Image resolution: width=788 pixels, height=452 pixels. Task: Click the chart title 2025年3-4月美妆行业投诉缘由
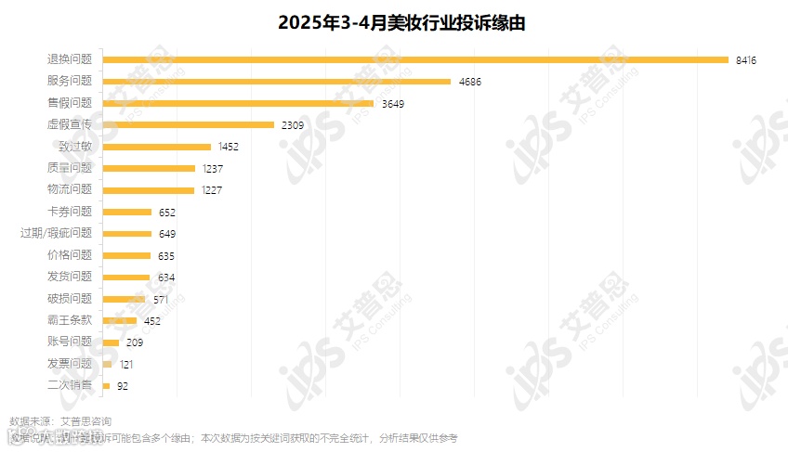(394, 23)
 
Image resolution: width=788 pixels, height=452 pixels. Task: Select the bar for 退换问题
(415, 59)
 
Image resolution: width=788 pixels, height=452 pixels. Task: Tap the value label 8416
(746, 60)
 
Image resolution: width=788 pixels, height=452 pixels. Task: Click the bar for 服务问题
(277, 82)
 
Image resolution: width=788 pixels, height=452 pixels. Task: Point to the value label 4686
(470, 82)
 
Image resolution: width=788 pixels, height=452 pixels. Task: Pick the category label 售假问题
(70, 103)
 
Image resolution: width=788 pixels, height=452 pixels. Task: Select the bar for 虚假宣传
(189, 124)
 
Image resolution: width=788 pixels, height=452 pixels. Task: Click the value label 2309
(294, 125)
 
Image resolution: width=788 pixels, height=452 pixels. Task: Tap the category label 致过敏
(74, 147)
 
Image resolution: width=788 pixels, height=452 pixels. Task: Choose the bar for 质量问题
(149, 168)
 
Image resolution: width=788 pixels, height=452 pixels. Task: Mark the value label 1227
(214, 190)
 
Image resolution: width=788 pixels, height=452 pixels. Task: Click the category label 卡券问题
(70, 212)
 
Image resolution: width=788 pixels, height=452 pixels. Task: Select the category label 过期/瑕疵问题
(57, 233)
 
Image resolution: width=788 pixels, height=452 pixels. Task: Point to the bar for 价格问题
(126, 255)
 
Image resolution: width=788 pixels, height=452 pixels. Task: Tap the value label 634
(166, 278)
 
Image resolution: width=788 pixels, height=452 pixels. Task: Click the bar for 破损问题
(125, 299)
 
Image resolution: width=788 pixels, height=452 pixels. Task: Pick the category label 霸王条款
(70, 320)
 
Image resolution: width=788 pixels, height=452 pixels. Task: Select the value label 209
(134, 342)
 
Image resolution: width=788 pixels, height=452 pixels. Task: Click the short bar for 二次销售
(107, 385)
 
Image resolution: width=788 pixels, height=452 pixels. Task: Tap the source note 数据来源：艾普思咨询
(60, 421)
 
